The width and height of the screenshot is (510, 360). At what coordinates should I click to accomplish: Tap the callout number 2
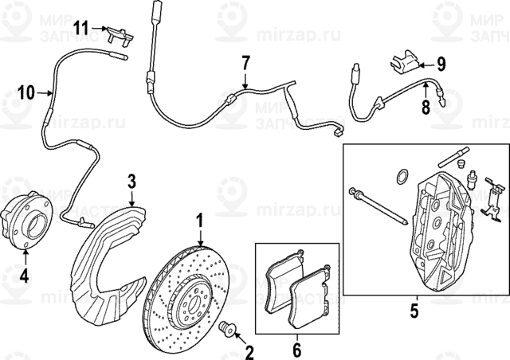click(248, 351)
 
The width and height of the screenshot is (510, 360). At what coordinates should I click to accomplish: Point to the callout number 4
click(24, 276)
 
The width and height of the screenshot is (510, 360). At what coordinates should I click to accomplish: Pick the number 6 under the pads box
click(296, 348)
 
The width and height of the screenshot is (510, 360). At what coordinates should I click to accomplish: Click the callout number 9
click(441, 61)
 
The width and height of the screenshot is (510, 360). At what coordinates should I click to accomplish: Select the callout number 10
click(25, 92)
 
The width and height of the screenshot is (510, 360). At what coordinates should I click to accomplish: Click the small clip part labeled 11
click(118, 34)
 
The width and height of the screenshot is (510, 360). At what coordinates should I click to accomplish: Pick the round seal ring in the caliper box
click(402, 175)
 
